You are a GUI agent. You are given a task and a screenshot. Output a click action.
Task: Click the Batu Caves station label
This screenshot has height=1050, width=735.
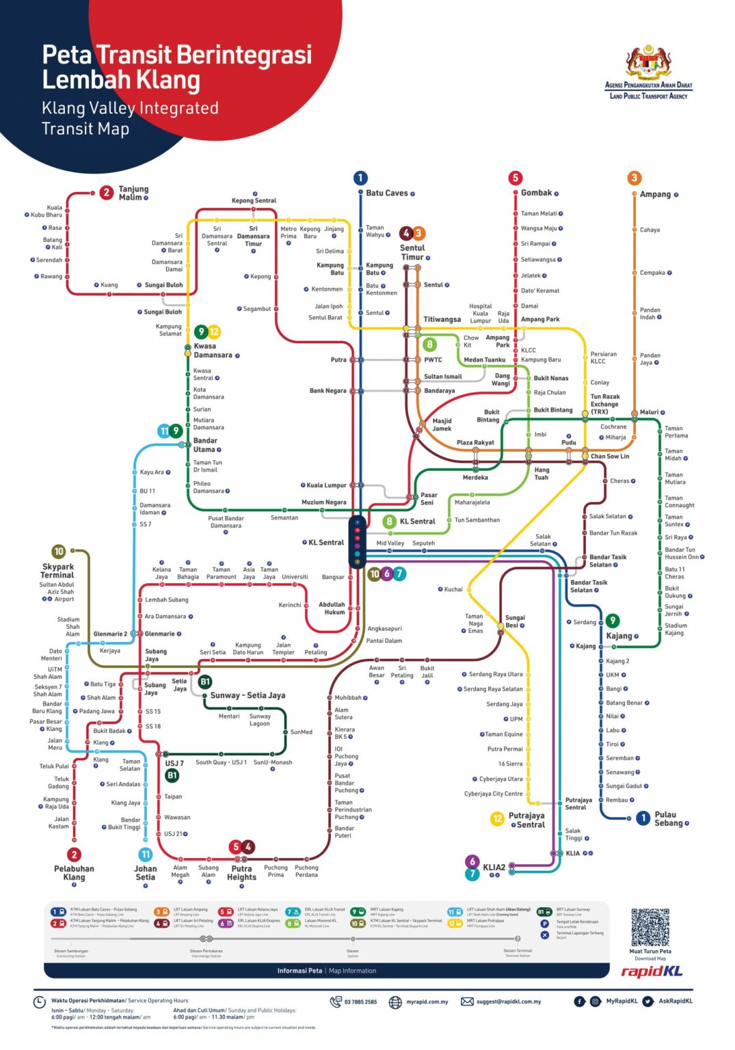(386, 193)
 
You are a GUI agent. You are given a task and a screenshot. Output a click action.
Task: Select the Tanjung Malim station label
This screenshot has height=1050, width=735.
(133, 193)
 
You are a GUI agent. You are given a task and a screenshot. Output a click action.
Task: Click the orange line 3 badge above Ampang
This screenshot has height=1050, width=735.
(634, 178)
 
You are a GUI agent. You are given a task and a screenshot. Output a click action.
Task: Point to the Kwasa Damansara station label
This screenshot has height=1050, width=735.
(213, 351)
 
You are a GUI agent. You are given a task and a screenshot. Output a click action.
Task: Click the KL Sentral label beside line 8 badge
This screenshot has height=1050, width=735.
(417, 522)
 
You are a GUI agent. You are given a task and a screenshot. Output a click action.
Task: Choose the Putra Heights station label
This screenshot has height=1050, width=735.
(241, 873)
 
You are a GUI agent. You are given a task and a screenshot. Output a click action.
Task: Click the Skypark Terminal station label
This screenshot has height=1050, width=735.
(58, 571)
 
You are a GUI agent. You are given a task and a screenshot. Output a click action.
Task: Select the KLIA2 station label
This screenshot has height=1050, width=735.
(494, 867)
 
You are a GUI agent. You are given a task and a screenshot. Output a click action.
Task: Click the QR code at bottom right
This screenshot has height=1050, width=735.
(650, 927)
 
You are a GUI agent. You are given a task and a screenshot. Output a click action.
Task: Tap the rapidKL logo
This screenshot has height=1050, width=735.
(651, 971)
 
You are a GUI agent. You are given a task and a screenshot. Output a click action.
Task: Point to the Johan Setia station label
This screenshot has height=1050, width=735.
(145, 873)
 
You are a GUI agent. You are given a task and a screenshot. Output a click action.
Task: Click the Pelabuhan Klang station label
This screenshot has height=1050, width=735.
(74, 873)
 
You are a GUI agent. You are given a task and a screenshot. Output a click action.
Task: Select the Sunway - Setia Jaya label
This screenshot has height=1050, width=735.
(248, 695)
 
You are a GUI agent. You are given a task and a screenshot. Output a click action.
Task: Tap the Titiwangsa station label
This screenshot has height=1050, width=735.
(442, 319)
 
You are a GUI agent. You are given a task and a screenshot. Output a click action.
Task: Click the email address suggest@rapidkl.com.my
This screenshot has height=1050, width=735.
(508, 1001)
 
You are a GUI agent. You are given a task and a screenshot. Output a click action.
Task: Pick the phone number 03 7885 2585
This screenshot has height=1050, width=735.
(360, 1001)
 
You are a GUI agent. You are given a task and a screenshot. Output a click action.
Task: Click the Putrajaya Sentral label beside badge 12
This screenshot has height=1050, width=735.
(527, 820)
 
